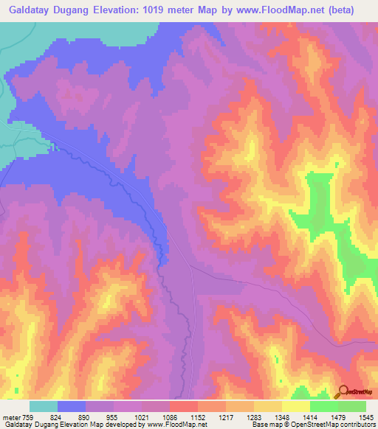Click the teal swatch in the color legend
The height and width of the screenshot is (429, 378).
coord(44,406)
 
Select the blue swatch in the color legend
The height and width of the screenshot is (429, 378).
coord(72,406)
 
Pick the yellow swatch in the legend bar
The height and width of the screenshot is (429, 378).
coord(295,406)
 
